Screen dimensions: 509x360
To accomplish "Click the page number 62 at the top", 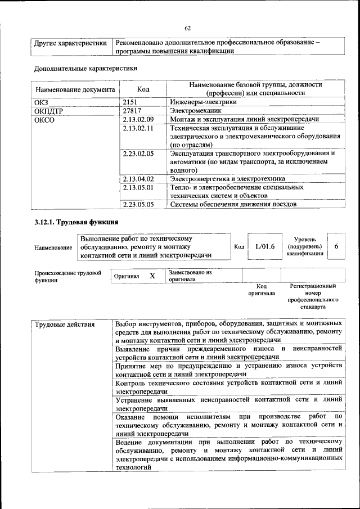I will point(188,29).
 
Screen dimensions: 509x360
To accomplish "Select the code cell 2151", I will point(131,102).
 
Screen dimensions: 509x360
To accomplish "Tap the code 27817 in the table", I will point(133,111).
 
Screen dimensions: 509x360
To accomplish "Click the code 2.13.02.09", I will point(138,120).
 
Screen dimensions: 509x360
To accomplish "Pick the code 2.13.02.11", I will point(138,129).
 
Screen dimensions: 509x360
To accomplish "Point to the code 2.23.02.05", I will point(138,153).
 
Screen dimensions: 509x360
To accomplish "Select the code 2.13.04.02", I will point(138,179).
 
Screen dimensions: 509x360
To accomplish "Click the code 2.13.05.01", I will point(138,187).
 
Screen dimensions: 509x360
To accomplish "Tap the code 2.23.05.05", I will point(138,205).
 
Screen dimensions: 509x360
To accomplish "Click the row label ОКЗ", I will point(42,102).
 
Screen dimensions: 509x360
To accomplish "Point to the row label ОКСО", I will point(44,120).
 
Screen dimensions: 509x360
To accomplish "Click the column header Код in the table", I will point(143,89).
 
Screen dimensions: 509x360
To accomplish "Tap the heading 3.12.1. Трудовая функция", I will point(76,222).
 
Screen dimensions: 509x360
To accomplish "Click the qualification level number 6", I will point(336,246).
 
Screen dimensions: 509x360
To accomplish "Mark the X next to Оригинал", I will point(152,276).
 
